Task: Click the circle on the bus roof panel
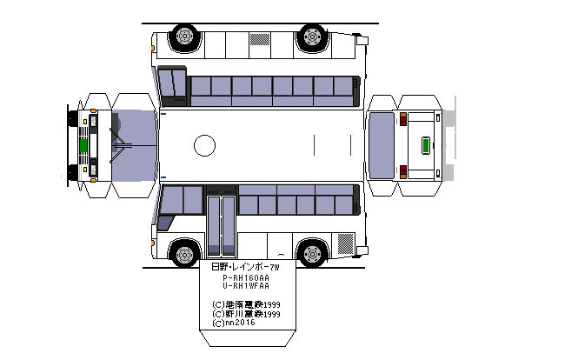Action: [204, 145]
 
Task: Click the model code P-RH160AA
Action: [246, 277]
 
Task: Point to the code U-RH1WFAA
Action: [246, 286]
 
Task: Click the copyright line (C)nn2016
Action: [235, 323]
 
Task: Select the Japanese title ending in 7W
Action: [246, 267]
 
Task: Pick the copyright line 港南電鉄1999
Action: [246, 304]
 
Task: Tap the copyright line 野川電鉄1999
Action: [246, 314]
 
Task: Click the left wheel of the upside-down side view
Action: [183, 37]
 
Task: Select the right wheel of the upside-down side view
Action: [311, 37]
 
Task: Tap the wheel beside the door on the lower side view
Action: [183, 254]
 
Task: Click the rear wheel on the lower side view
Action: [311, 254]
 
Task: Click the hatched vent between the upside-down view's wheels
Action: [261, 39]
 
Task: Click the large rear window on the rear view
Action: [382, 144]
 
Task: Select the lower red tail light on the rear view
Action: [403, 170]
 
